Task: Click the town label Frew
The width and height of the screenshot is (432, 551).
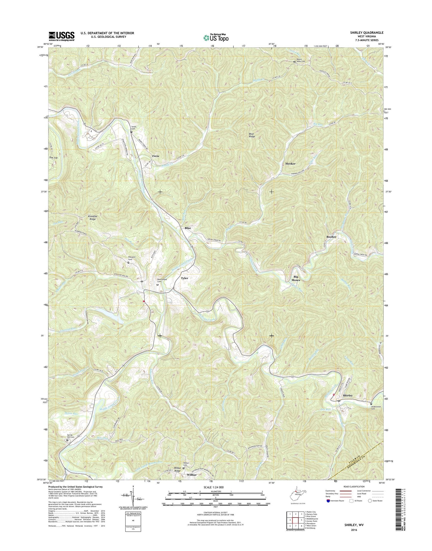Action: click(155, 156)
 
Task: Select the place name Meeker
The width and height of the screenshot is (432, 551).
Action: click(290, 164)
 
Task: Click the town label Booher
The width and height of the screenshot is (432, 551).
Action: click(331, 237)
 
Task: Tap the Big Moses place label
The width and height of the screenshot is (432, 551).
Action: click(295, 278)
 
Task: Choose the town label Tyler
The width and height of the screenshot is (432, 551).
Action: click(184, 278)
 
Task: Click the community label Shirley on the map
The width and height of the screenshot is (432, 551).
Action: click(348, 395)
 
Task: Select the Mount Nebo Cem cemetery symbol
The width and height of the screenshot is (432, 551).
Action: click(294, 62)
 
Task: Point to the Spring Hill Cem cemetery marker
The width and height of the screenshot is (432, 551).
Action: click(67, 440)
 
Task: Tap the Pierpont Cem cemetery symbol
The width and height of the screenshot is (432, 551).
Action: click(129, 262)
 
